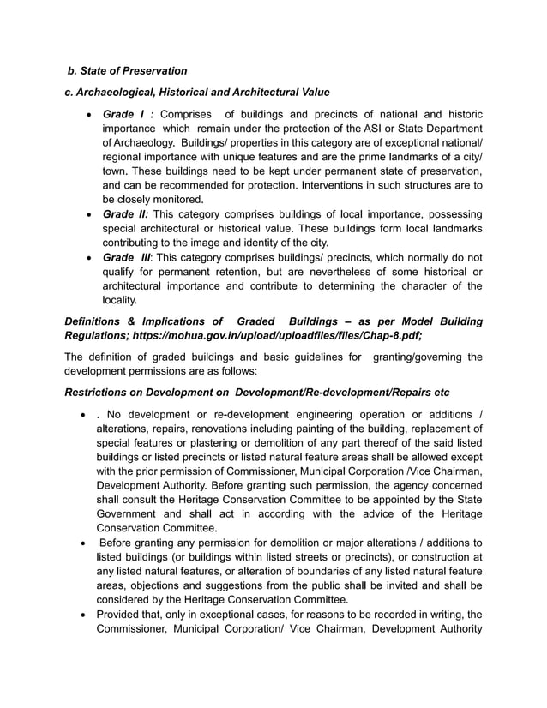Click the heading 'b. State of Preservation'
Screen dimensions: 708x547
click(x=127, y=70)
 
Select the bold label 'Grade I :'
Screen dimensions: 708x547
click(x=128, y=114)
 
